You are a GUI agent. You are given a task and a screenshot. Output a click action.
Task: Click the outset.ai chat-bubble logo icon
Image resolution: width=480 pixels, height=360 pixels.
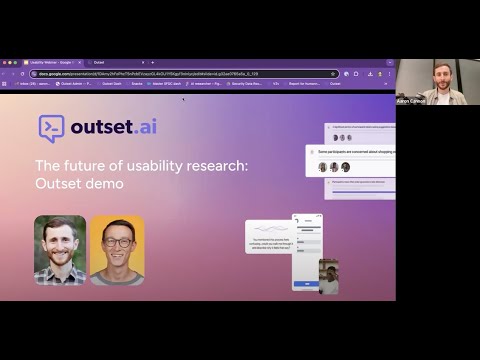pyautogui.click(x=51, y=126)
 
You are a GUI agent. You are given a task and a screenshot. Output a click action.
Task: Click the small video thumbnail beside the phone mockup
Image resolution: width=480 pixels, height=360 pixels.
pyautogui.click(x=328, y=276)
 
